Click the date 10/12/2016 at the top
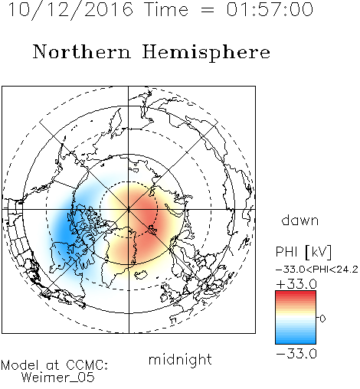pyautogui.click(x=70, y=10)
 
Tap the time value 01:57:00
pyautogui.click(x=270, y=9)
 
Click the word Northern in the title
pyautogui.click(x=82, y=52)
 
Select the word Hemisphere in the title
pyautogui.click(x=206, y=53)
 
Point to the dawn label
pyautogui.click(x=300, y=220)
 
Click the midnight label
pyautogui.click(x=180, y=360)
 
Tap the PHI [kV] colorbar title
pyautogui.click(x=303, y=252)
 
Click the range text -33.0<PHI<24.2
pyautogui.click(x=317, y=270)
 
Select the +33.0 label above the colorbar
pyautogui.click(x=296, y=284)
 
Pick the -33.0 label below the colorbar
pyautogui.click(x=296, y=354)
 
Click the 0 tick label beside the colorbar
pyautogui.click(x=322, y=319)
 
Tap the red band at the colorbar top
pyautogui.click(x=296, y=294)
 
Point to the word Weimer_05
pyautogui.click(x=58, y=378)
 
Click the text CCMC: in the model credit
pyautogui.click(x=87, y=365)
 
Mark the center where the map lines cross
pyautogui.click(x=129, y=210)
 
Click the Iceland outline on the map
pyautogui.click(x=141, y=275)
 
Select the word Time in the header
pyautogui.click(x=166, y=9)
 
